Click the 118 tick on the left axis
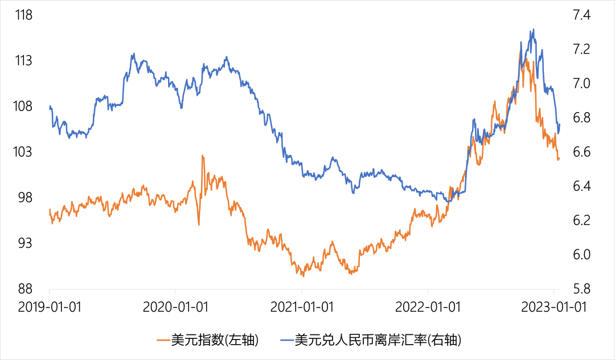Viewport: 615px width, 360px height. click(x=23, y=15)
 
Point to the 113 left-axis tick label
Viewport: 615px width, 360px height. click(x=23, y=61)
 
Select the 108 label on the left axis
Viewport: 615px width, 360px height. click(x=23, y=107)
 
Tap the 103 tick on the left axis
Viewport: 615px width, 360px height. click(x=23, y=152)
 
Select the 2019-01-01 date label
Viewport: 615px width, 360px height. click(x=50, y=308)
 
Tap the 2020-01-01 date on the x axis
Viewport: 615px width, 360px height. click(x=175, y=308)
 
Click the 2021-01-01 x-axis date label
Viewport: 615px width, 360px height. click(x=302, y=308)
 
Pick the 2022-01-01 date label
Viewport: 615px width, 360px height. click(x=428, y=308)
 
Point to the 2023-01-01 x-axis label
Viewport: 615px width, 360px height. click(x=554, y=308)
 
